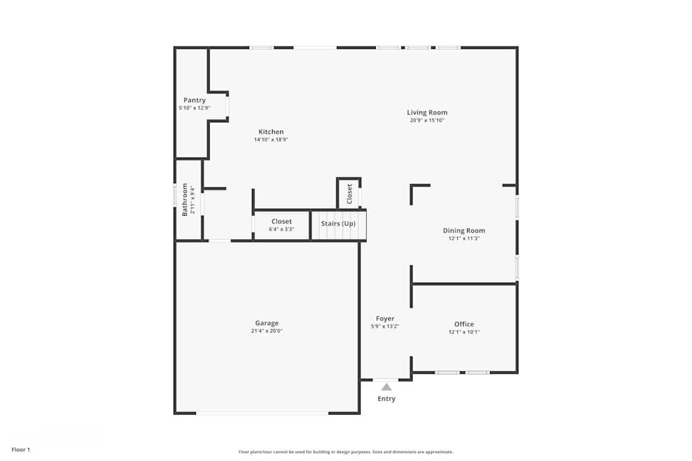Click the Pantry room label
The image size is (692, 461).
pos(194,100)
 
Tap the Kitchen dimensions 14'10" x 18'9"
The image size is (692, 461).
pos(271,140)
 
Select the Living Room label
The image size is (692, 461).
pos(427,113)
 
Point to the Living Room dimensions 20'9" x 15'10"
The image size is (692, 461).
pos(427,120)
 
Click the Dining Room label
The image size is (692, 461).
pos(464,231)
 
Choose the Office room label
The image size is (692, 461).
pos(464,324)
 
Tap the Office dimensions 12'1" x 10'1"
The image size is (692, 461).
pos(464,332)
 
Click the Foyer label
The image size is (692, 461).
pos(385,319)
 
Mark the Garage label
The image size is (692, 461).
pos(266,323)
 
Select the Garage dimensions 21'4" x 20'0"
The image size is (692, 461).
pos(266,331)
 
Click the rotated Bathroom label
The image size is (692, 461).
pos(185,200)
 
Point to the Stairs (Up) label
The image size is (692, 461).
pos(338,224)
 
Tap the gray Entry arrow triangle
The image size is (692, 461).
pos(386,387)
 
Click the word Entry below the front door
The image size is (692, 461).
pos(386,399)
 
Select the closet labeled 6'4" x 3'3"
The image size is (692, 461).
pos(282,225)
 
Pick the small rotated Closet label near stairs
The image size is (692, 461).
pos(349,194)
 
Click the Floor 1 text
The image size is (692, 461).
pos(21,450)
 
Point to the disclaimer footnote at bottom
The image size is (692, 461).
pos(346,452)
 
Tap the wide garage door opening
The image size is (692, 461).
pos(262,413)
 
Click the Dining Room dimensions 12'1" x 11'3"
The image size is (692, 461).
pos(464,238)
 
